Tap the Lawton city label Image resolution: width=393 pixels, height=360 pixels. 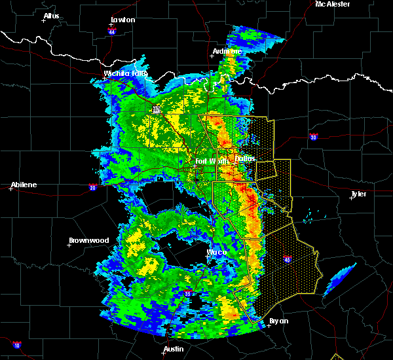[122, 20]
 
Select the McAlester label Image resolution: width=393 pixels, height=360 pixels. [332, 4]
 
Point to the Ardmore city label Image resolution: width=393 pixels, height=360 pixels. [227, 51]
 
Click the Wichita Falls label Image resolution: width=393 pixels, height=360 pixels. [125, 73]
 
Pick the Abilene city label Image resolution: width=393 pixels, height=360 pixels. [24, 185]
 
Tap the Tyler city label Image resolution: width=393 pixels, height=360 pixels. [358, 194]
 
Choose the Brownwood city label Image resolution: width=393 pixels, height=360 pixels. [88, 240]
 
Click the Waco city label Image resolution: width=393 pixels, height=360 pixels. [217, 252]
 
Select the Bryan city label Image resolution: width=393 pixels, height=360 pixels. [279, 321]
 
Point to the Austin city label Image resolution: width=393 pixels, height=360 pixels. [174, 349]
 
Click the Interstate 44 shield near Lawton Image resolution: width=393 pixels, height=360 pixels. [113, 30]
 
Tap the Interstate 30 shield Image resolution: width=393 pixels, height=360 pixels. [314, 137]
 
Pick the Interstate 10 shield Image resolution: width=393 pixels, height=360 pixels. [16, 344]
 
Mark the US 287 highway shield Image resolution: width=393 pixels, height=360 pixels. [156, 110]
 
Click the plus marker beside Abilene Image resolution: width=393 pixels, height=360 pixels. [11, 189]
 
